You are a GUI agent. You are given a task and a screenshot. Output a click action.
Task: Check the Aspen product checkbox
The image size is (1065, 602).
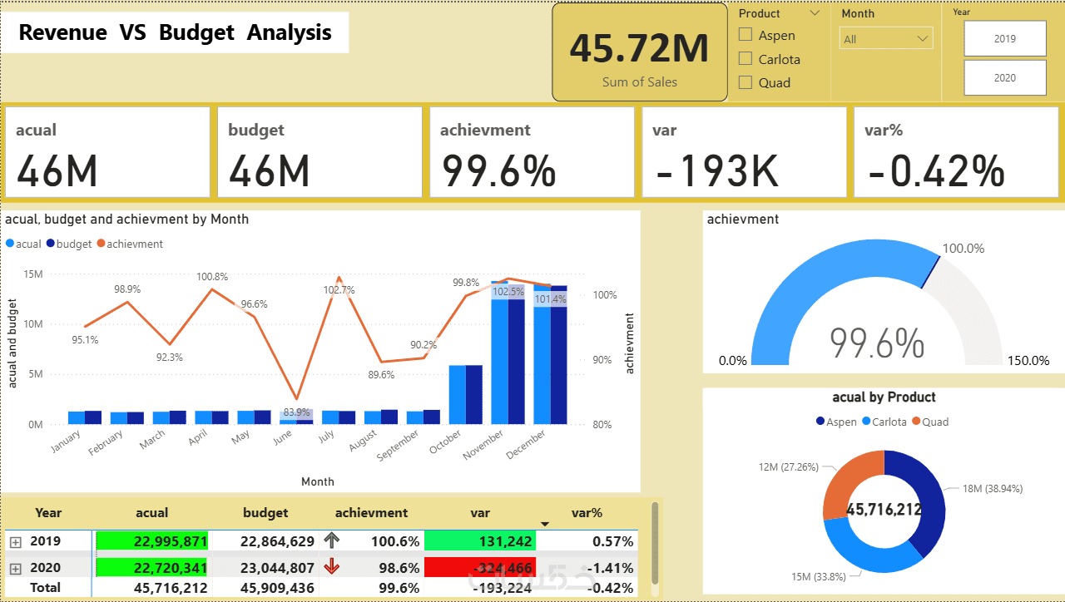pos(745,35)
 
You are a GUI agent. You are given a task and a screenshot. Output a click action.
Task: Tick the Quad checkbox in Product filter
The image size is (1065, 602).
pos(745,82)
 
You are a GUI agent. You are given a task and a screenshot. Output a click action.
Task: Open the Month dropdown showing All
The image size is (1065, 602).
pos(885,39)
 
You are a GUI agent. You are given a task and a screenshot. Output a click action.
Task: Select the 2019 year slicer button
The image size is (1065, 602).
pos(1004,38)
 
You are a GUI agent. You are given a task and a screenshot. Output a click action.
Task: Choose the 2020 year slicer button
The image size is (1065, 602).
pos(1004,77)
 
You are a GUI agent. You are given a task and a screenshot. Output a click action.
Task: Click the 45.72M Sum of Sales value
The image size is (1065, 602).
pos(639,48)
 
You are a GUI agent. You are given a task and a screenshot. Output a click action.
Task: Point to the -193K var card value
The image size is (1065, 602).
pos(717,170)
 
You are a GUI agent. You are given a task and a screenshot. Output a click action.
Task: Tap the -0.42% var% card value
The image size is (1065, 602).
pos(936,170)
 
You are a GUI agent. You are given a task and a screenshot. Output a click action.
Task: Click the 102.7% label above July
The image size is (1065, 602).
pos(339,290)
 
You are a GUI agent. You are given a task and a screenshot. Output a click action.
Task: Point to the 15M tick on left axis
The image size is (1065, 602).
pos(34,274)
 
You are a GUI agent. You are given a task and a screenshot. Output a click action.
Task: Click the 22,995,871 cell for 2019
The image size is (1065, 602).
pos(151,541)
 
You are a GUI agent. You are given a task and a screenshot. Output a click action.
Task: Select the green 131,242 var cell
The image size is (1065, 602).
pos(480,541)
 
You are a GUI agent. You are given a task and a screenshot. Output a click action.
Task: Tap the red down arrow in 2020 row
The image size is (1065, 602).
pos(332,567)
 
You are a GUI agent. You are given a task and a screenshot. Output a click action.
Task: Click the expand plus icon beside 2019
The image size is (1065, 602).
pos(15,542)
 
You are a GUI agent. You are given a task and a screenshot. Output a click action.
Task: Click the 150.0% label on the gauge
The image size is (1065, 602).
pos(1029,361)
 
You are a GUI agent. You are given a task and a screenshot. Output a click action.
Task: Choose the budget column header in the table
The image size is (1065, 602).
pos(265,513)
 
